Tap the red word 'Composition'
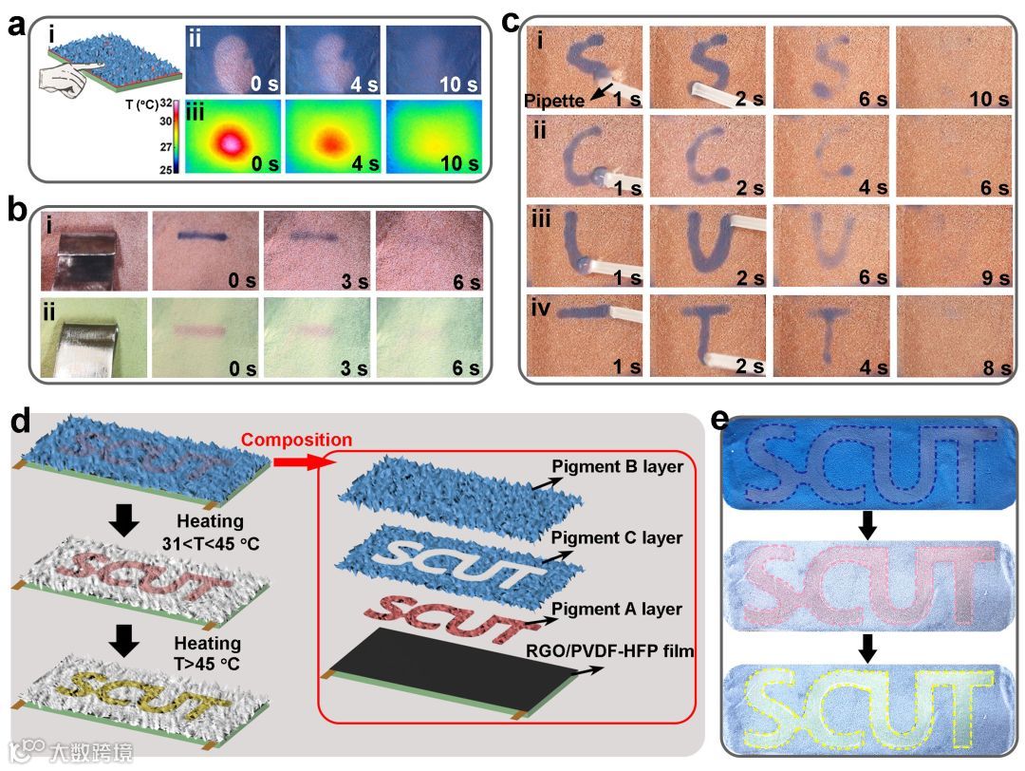coord(295,440)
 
